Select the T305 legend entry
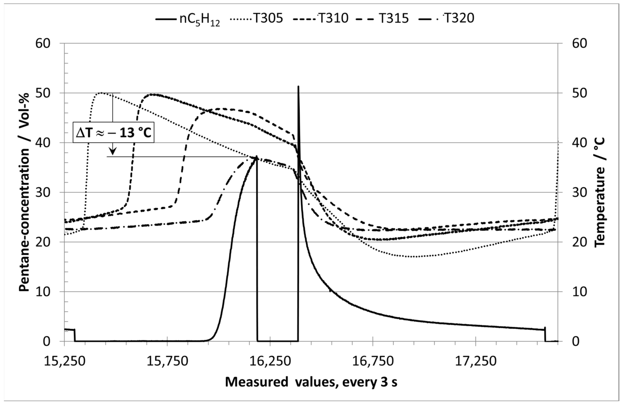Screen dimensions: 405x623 257,19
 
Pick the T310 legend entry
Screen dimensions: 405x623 321,19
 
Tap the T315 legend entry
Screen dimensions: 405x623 382,19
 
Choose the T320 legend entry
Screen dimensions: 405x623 446,19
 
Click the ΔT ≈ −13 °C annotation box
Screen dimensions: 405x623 113,133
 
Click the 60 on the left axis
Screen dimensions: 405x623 43,43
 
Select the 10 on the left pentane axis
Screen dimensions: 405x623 43,292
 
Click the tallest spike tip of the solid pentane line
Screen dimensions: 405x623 298,86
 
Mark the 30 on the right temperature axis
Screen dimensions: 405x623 580,193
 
